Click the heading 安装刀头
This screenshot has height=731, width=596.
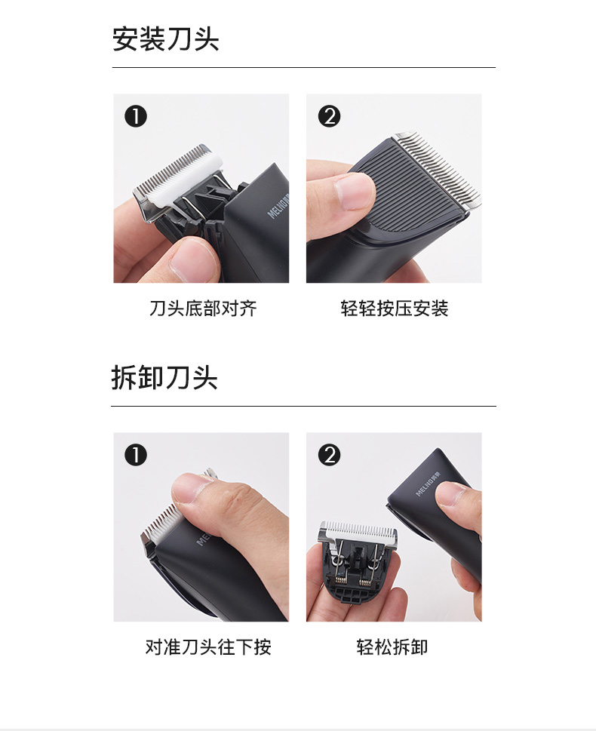(165, 38)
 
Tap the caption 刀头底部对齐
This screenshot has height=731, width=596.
(203, 308)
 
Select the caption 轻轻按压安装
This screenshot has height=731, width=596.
(394, 308)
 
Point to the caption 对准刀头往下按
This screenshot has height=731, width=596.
(208, 647)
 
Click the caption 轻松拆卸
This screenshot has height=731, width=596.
(392, 647)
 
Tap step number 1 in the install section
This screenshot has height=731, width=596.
(136, 116)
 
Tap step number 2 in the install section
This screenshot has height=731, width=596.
(329, 116)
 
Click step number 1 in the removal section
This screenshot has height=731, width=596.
(136, 455)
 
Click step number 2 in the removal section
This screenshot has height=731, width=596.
(329, 455)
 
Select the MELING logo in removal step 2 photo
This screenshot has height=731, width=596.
(428, 485)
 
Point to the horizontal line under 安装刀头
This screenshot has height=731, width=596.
(303, 68)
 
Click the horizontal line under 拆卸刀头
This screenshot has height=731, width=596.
(303, 406)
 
